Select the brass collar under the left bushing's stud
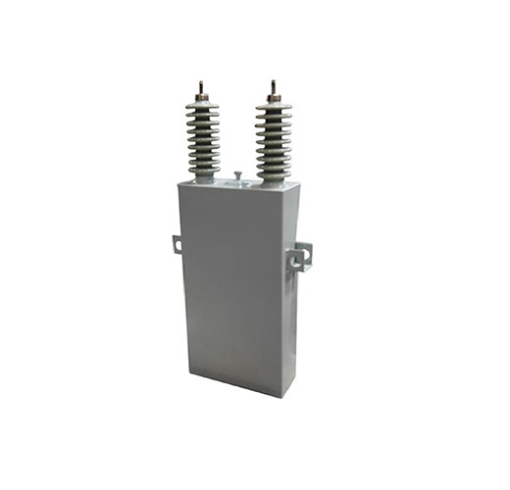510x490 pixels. coord(202,98)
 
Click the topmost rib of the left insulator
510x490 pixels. coord(203,109)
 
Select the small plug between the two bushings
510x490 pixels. coord(237,176)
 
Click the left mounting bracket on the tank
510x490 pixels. coord(177,244)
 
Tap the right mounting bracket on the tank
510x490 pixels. coord(299,258)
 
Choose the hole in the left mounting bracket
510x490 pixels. coord(176,244)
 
